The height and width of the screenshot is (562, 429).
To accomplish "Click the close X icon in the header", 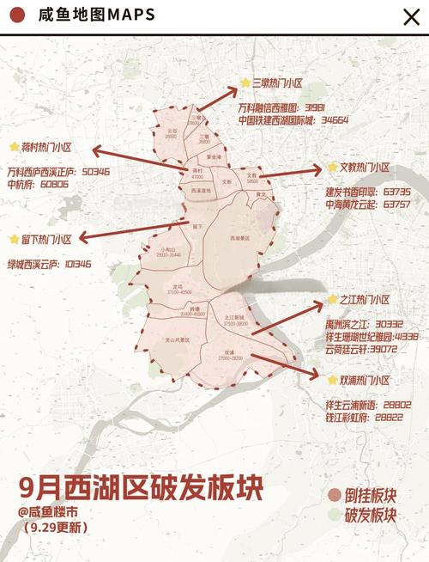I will coord(411,16).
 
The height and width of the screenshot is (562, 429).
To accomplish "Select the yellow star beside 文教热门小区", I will coord(331,168).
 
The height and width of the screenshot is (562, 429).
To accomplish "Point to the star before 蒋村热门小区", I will coord(14,147).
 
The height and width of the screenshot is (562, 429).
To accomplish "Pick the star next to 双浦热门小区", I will coord(331,379).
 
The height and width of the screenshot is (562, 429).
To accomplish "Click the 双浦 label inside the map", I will coord(230,352).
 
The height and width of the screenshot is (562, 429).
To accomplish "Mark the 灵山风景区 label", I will coord(178,340).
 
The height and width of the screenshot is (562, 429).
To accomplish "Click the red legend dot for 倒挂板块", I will coord(334,497).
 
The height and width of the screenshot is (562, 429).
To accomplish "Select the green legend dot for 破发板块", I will coord(334,516).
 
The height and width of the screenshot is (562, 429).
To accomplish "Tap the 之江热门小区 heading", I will coord(364,300).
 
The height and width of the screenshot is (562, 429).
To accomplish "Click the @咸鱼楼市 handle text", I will coord(51,511).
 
